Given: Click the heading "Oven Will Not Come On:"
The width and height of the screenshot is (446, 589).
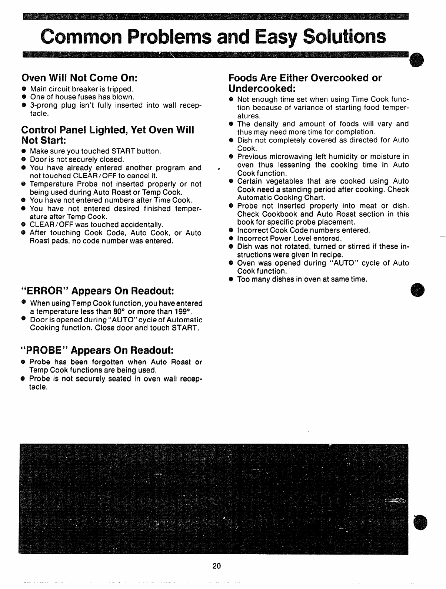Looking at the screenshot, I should [x=80, y=78].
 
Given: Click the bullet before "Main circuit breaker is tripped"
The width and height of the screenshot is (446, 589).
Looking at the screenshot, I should [x=24, y=89].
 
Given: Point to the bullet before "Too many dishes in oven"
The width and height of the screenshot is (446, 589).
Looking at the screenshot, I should [x=230, y=279].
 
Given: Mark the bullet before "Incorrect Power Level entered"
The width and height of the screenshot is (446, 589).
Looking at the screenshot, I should [x=230, y=239].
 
